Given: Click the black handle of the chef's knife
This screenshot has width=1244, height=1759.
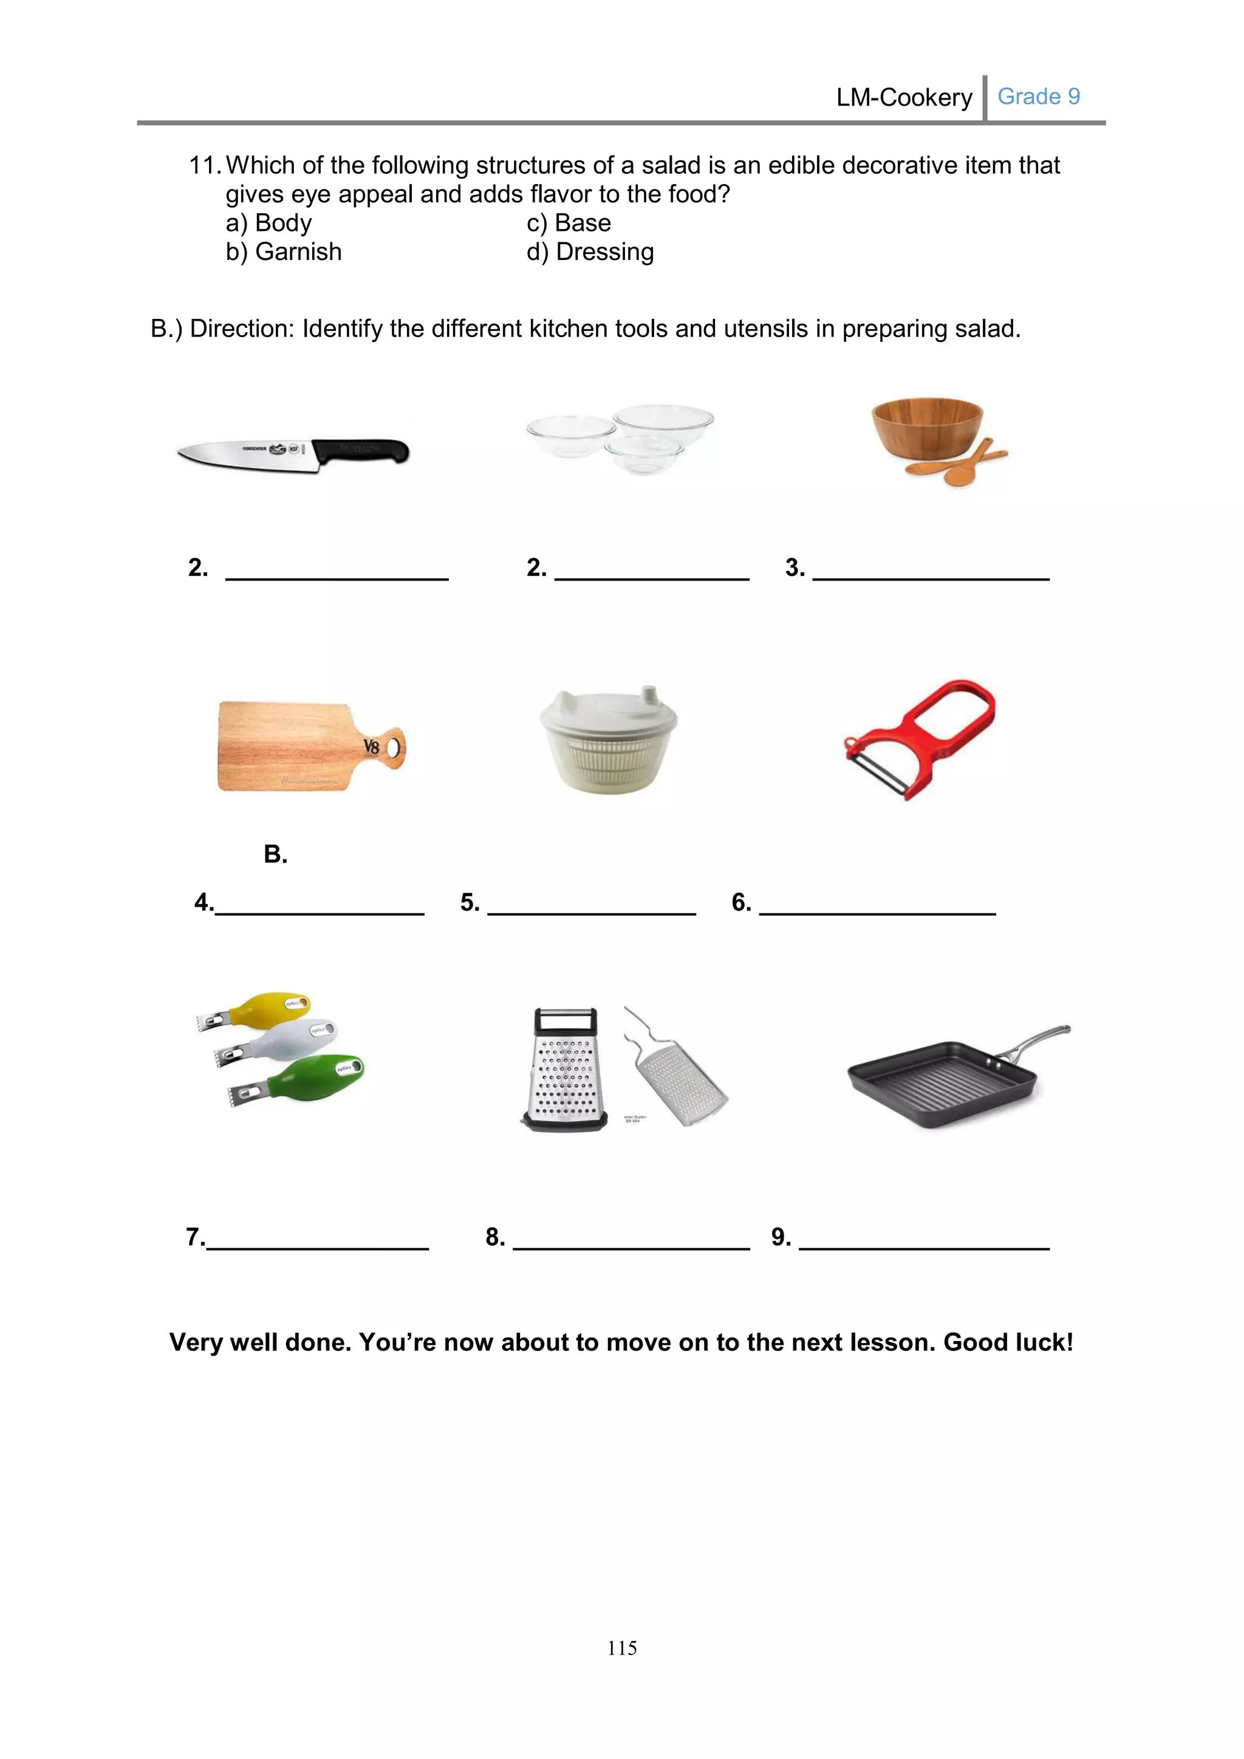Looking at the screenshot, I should click(364, 451).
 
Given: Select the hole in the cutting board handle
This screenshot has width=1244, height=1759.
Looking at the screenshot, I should click(395, 746).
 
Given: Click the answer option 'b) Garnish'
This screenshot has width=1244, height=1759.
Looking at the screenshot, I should click(284, 252).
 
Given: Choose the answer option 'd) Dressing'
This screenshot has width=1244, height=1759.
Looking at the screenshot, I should click(590, 252).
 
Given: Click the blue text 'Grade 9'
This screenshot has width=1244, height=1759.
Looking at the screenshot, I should click(1038, 97).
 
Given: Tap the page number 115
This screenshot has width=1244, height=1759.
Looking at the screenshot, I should click(621, 1647).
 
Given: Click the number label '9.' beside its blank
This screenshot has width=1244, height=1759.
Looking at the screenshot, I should click(781, 1237).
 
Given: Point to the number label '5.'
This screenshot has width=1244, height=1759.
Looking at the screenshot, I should click(470, 902).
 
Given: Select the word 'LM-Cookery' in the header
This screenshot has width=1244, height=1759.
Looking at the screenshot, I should click(904, 97).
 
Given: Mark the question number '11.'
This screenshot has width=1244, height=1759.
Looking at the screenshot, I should click(205, 165).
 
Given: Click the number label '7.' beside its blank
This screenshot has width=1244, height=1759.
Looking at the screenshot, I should click(196, 1237).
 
